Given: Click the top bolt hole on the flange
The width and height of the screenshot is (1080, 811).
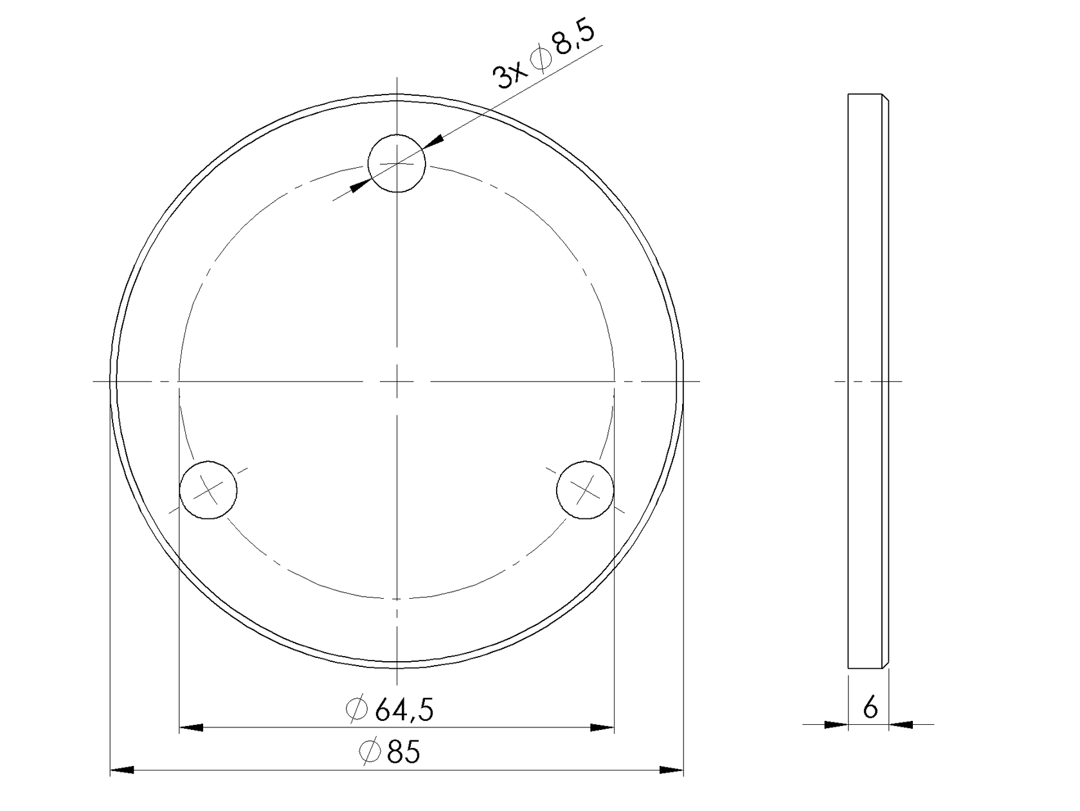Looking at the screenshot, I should click(397, 163).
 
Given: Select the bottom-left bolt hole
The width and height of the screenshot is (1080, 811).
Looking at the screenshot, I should click(208, 489).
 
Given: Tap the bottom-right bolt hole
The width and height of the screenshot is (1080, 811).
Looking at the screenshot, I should click(584, 489).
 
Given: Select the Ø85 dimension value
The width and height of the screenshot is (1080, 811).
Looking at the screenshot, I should click(390, 752).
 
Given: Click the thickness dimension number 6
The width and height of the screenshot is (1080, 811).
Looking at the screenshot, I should click(870, 708).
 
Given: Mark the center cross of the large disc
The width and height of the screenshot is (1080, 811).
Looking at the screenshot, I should click(397, 381).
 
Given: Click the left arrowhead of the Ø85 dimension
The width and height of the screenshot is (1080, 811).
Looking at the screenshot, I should click(122, 769).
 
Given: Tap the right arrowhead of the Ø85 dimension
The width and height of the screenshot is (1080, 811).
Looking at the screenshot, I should click(671, 769).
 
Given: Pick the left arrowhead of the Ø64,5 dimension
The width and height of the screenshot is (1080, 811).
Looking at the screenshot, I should click(191, 727).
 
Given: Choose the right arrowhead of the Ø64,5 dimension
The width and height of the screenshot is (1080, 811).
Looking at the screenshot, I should click(602, 727).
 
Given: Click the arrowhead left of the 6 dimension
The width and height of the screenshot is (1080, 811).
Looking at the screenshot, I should click(836, 725).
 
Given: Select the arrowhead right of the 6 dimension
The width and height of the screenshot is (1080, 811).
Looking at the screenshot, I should click(901, 725).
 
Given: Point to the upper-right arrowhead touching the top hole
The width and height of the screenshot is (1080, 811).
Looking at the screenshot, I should click(434, 141).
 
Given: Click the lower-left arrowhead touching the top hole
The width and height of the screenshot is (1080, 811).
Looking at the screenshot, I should click(360, 186).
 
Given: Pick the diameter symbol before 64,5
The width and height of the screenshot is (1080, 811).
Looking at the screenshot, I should click(356, 709).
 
